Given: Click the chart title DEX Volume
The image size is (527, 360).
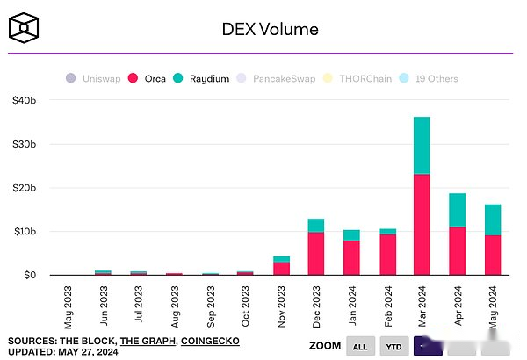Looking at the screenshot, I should (x=269, y=29).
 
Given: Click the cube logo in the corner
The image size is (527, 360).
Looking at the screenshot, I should (x=24, y=28).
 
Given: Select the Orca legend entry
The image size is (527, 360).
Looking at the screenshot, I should (x=148, y=79).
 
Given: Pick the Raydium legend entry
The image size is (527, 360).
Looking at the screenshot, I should (x=201, y=79).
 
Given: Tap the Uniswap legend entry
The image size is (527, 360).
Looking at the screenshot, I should (x=94, y=79).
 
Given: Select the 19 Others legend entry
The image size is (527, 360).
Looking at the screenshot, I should (x=430, y=79).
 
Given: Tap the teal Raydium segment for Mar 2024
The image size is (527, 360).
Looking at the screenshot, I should (x=422, y=145).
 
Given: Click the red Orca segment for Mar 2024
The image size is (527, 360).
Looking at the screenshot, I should (x=422, y=224).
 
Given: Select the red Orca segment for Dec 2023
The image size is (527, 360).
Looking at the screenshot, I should (x=316, y=253).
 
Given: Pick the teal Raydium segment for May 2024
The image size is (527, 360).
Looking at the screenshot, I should (x=492, y=220).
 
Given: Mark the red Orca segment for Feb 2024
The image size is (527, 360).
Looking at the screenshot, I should (x=386, y=254).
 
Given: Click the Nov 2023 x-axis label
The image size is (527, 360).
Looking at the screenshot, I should (x=282, y=305).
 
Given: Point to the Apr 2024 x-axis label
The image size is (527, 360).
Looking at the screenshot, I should (x=458, y=305).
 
